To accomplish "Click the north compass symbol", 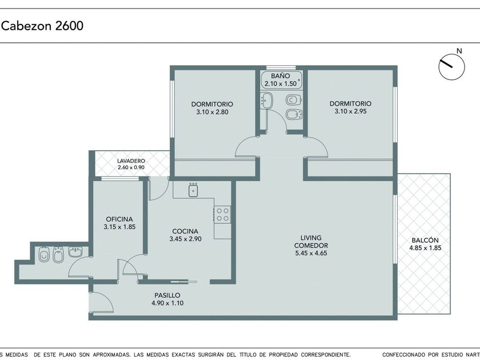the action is [x=451, y=67].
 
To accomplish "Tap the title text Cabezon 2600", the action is [x=42, y=26].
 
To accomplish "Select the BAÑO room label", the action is [x=281, y=75].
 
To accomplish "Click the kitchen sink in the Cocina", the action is [x=193, y=190].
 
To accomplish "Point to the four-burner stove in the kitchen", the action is [x=222, y=214].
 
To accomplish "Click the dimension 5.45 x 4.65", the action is [x=311, y=253].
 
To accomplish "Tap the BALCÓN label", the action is [x=425, y=241].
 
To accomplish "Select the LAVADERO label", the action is [x=131, y=161].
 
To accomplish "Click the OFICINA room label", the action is [x=119, y=219].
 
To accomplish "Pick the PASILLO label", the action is [x=167, y=295].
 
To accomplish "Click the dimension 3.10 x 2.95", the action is [x=350, y=111].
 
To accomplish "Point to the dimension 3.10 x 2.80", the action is [x=212, y=112].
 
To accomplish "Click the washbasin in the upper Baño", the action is [x=267, y=100].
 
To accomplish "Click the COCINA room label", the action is [x=185, y=231].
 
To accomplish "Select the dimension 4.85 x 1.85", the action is [x=425, y=248].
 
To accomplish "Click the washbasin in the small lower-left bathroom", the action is [x=75, y=252].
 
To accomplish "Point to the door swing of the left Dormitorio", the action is [x=245, y=147].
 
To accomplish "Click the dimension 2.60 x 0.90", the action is [x=131, y=167].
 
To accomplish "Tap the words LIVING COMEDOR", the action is [x=311, y=242].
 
